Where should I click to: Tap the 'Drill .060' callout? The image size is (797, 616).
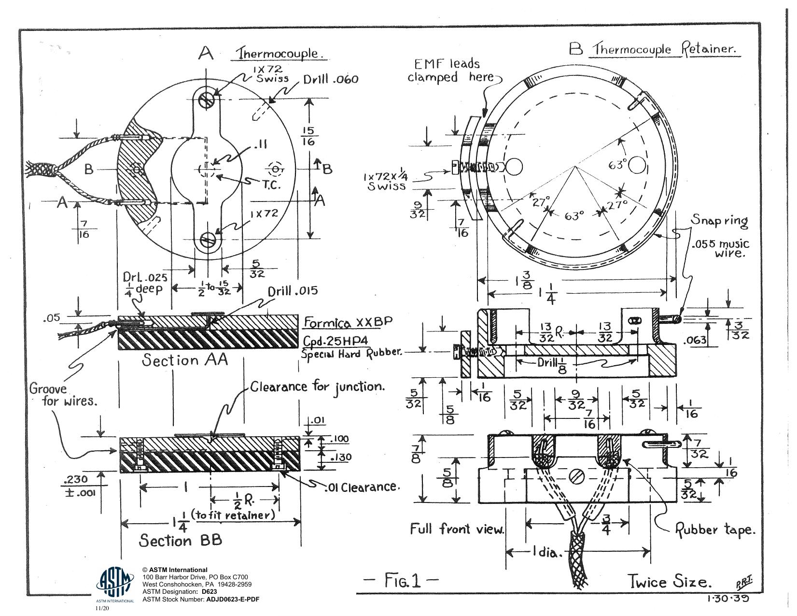pos(331,80)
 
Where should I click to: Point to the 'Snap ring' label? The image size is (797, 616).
pos(719,221)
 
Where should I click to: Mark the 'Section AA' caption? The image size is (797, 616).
pos(185,360)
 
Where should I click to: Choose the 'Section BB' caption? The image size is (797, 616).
pos(181,540)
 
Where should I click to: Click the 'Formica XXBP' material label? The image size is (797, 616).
pos(348,322)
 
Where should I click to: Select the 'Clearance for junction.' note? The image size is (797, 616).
pos(318,387)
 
